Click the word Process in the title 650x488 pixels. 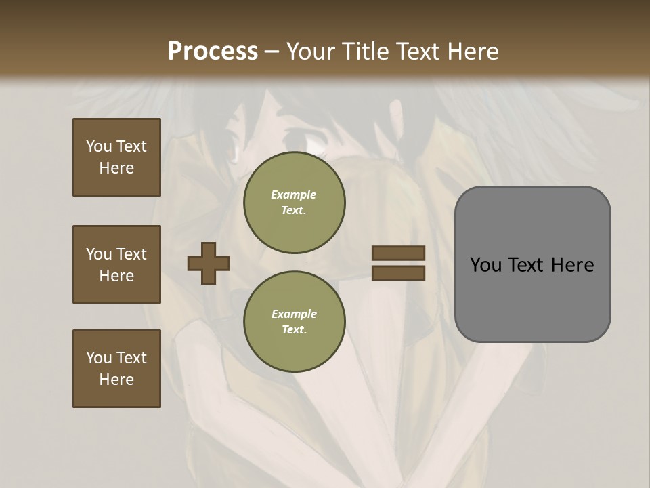[213, 52]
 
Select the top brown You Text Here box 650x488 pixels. [116, 157]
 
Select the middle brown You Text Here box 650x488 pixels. [116, 264]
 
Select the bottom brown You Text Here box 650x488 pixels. [116, 369]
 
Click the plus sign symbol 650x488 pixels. [209, 263]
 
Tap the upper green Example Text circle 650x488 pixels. [294, 203]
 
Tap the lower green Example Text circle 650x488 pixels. [294, 322]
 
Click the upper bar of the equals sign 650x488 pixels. [398, 253]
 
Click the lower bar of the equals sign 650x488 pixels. [398, 273]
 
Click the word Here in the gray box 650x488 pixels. [573, 265]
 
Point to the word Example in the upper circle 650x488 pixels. [294, 195]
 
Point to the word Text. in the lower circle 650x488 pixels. [294, 330]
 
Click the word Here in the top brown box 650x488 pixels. [116, 168]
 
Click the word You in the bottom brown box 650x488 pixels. [98, 358]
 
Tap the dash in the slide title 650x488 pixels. [272, 52]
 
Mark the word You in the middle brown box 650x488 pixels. [98, 254]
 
